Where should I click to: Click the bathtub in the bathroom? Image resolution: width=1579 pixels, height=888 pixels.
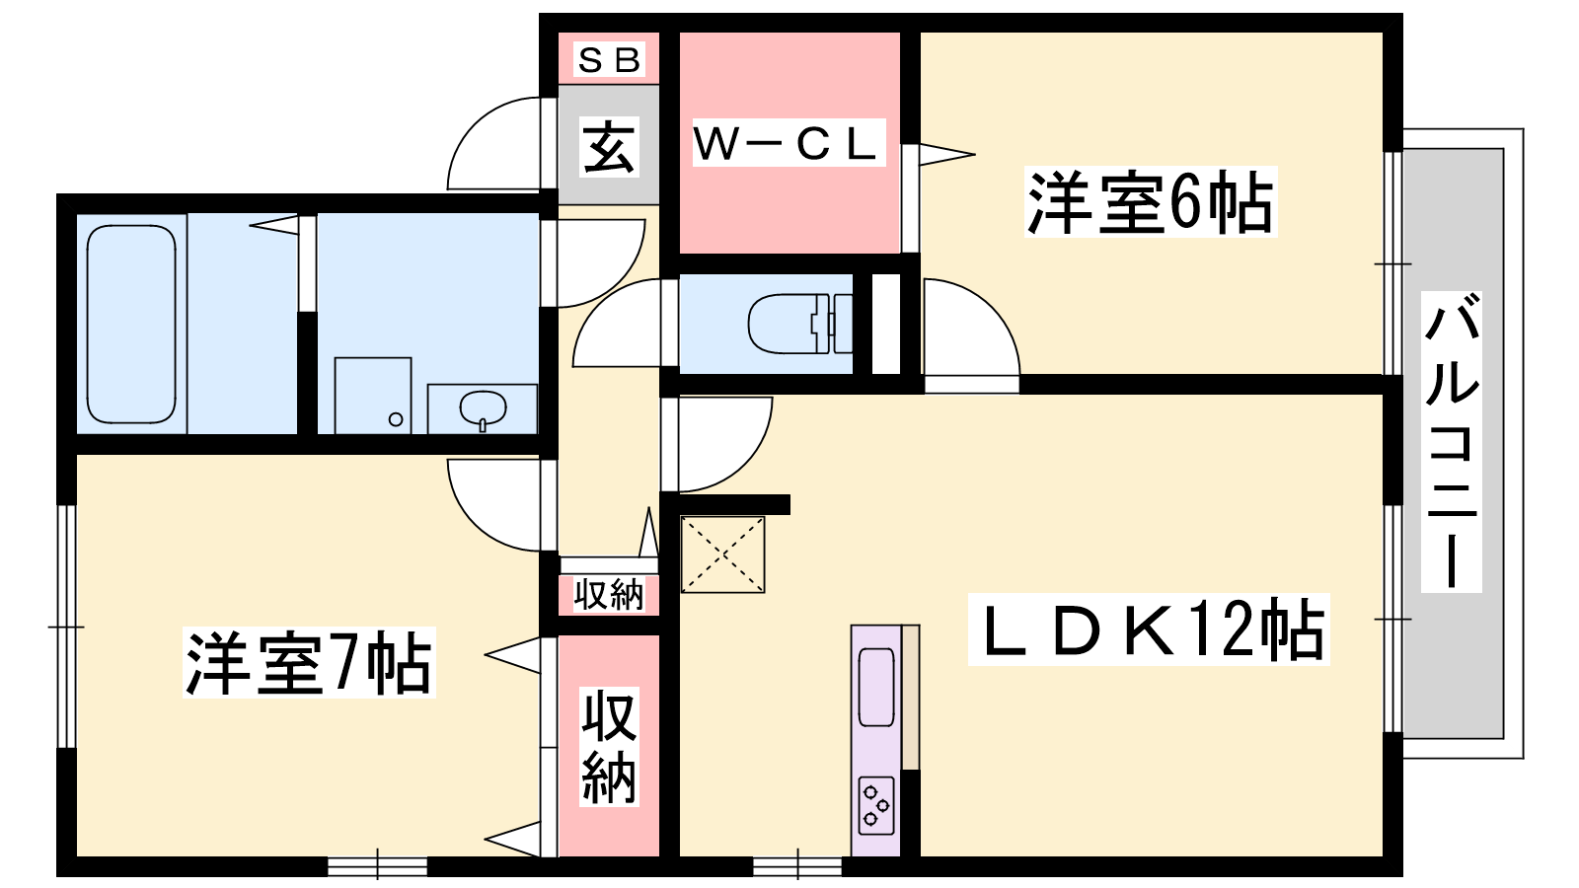[131, 324]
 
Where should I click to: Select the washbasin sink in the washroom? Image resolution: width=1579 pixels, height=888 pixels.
[483, 407]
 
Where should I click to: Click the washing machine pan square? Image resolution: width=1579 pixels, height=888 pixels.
[373, 395]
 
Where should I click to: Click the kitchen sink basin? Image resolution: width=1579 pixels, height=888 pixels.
[876, 686]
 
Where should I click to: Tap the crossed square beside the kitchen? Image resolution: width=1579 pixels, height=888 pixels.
[723, 555]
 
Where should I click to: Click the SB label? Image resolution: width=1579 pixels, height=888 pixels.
[609, 60]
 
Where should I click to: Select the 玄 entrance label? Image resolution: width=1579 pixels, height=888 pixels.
[608, 148]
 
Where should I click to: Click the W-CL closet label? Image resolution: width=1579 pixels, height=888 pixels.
[787, 144]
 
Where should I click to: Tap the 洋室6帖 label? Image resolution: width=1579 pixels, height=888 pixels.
[1150, 203]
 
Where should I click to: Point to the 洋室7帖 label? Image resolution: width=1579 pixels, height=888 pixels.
[309, 663]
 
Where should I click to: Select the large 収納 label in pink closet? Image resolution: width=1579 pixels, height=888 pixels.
[608, 747]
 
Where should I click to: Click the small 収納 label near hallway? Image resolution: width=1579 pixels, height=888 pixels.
[608, 595]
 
